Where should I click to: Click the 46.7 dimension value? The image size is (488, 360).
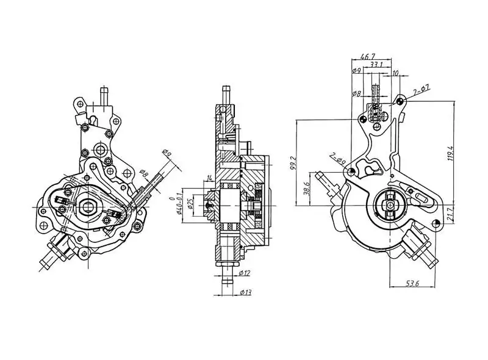click(x=368, y=56)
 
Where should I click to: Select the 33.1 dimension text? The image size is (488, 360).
click(x=376, y=64)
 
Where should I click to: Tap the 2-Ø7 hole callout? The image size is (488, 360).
click(x=422, y=91)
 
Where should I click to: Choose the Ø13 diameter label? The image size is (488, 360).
click(x=245, y=292)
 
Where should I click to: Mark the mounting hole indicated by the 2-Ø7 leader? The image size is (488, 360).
click(x=400, y=99)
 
